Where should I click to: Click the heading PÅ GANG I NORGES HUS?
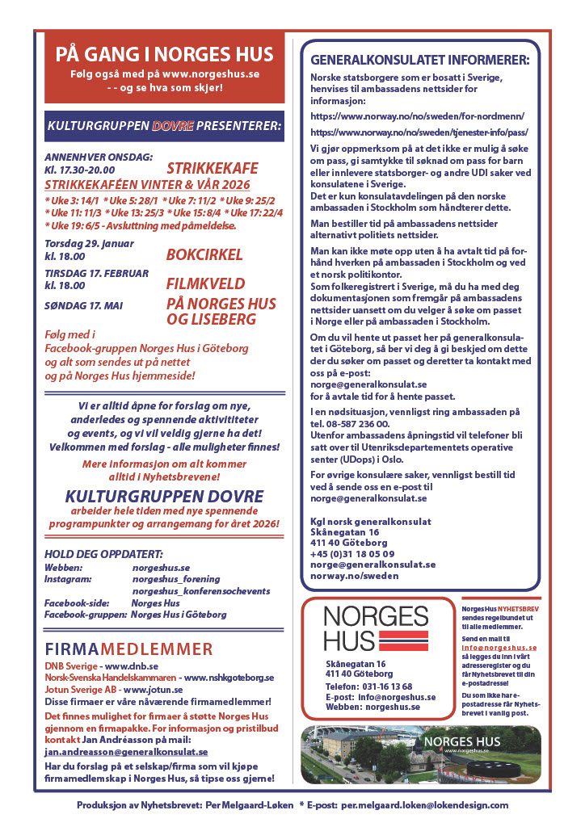pyautogui.click(x=164, y=55)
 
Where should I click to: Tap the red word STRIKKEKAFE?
pyautogui.click(x=212, y=169)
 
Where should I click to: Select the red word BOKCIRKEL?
pyautogui.click(x=204, y=255)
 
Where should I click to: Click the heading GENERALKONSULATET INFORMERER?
pyautogui.click(x=420, y=60)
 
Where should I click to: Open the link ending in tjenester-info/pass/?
pyautogui.click(x=419, y=132)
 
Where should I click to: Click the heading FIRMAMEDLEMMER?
pyautogui.click(x=128, y=649)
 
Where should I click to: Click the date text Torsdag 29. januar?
pyautogui.click(x=89, y=243)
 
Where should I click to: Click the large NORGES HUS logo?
pyautogui.click(x=375, y=629)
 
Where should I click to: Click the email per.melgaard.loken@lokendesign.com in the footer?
pyautogui.click(x=424, y=805)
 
